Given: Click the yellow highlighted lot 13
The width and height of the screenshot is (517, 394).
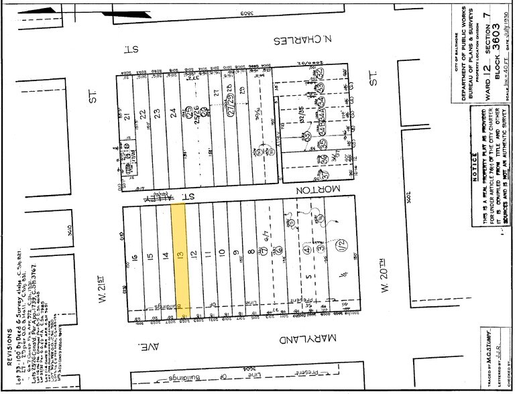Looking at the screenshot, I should [178, 258].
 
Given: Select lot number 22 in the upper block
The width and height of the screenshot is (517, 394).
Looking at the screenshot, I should [142, 113].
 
